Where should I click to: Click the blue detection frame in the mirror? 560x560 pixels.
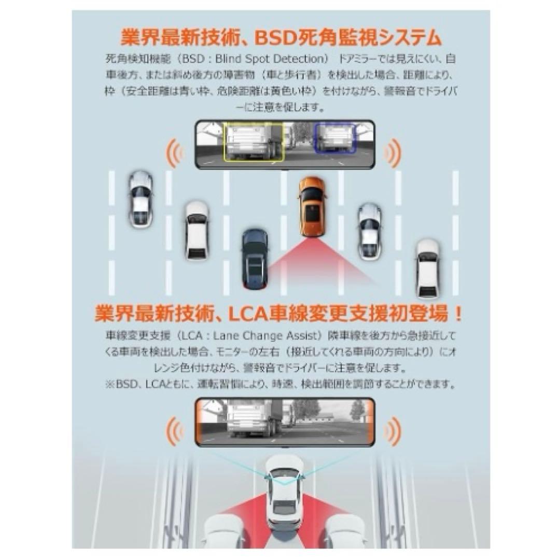click(x=334, y=137)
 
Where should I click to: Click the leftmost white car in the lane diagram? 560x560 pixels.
click(x=141, y=199)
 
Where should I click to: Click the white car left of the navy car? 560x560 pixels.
click(x=197, y=230)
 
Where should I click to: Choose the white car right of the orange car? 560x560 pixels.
click(x=370, y=230)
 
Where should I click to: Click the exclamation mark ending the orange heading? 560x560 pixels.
click(x=456, y=313)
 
